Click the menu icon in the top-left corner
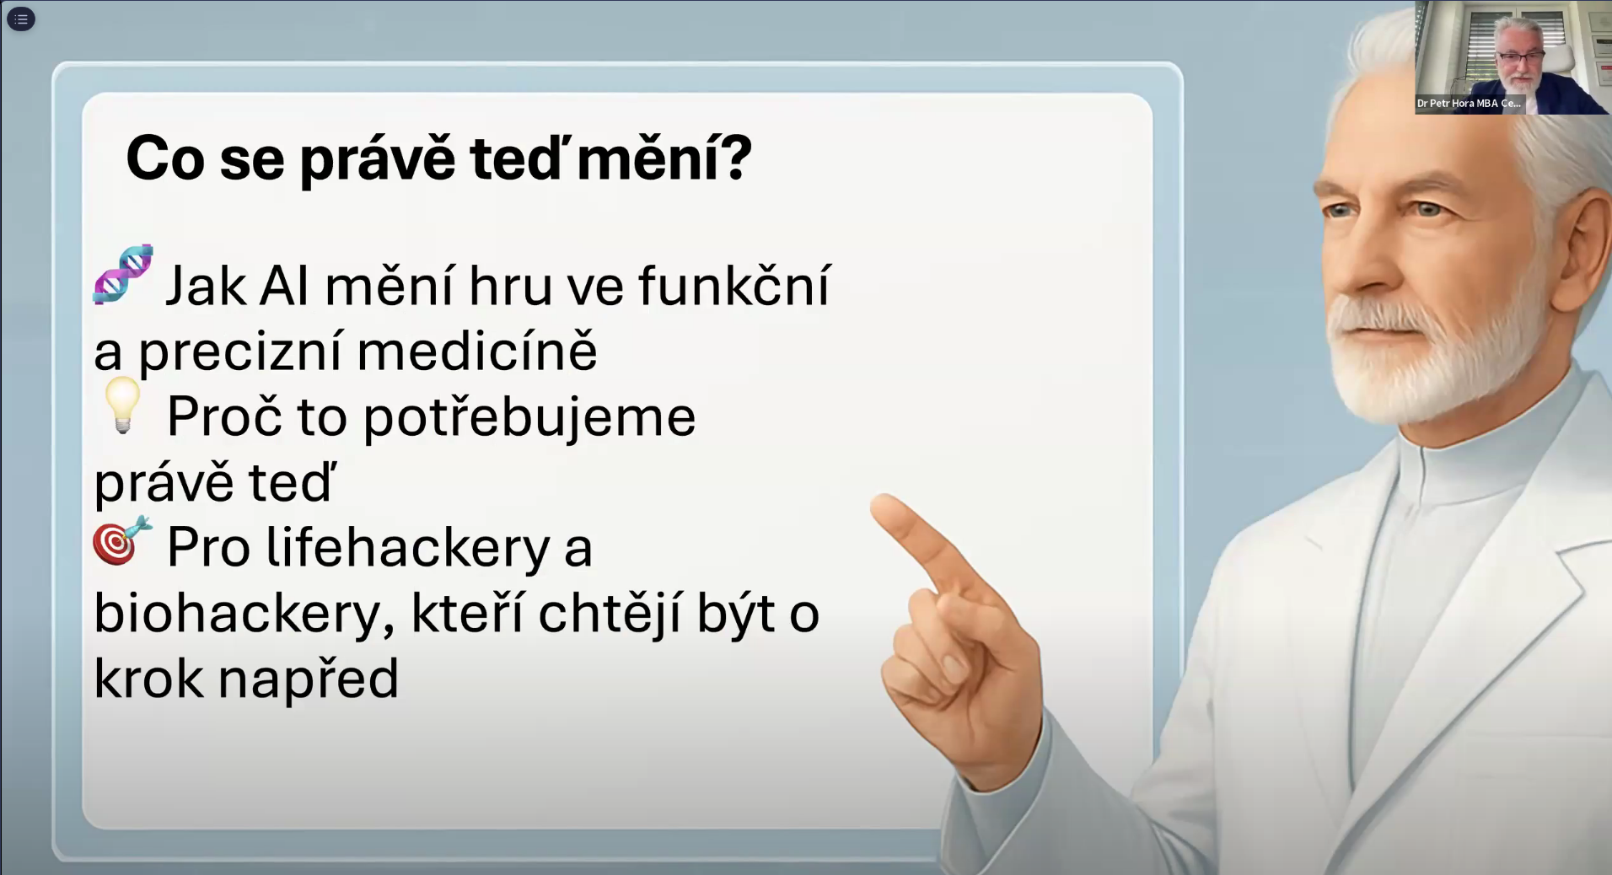pyautogui.click(x=21, y=19)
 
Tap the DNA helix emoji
pyautogui.click(x=123, y=274)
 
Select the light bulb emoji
pyautogui.click(x=123, y=405)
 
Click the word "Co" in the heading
pyautogui.click(x=165, y=158)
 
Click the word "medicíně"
pyautogui.click(x=477, y=351)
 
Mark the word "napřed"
pyautogui.click(x=309, y=679)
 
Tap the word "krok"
pyautogui.click(x=148, y=678)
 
